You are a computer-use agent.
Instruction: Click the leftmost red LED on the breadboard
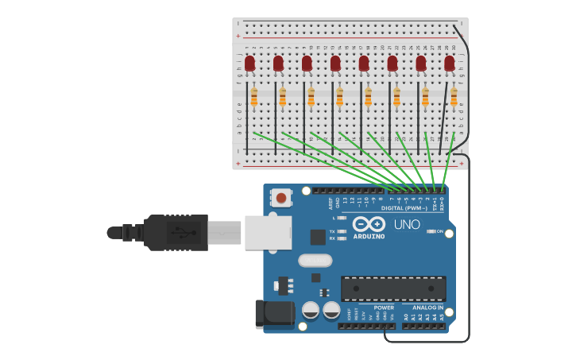pyautogui.click(x=250, y=63)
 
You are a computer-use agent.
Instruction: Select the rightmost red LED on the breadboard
pyautogui.click(x=450, y=63)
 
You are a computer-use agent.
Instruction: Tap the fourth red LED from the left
pyautogui.click(x=335, y=63)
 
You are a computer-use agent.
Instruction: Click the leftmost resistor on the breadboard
pyautogui.click(x=254, y=97)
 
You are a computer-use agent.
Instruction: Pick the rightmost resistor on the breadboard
pyautogui.click(x=454, y=97)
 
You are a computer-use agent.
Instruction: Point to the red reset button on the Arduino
pyautogui.click(x=280, y=196)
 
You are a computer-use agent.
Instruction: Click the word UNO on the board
pyautogui.click(x=407, y=225)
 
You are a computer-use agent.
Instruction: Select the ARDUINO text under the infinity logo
pyautogui.click(x=369, y=237)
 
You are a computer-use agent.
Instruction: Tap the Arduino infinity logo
pyautogui.click(x=369, y=224)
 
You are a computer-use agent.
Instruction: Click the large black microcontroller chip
pyautogui.click(x=392, y=289)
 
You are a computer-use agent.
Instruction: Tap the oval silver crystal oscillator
pyautogui.click(x=315, y=261)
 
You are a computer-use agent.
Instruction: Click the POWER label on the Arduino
pyautogui.click(x=384, y=308)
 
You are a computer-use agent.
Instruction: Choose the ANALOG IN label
pyautogui.click(x=427, y=308)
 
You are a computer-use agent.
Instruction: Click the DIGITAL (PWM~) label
pyautogui.click(x=404, y=208)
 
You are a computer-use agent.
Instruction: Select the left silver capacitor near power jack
pyautogui.click(x=311, y=310)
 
